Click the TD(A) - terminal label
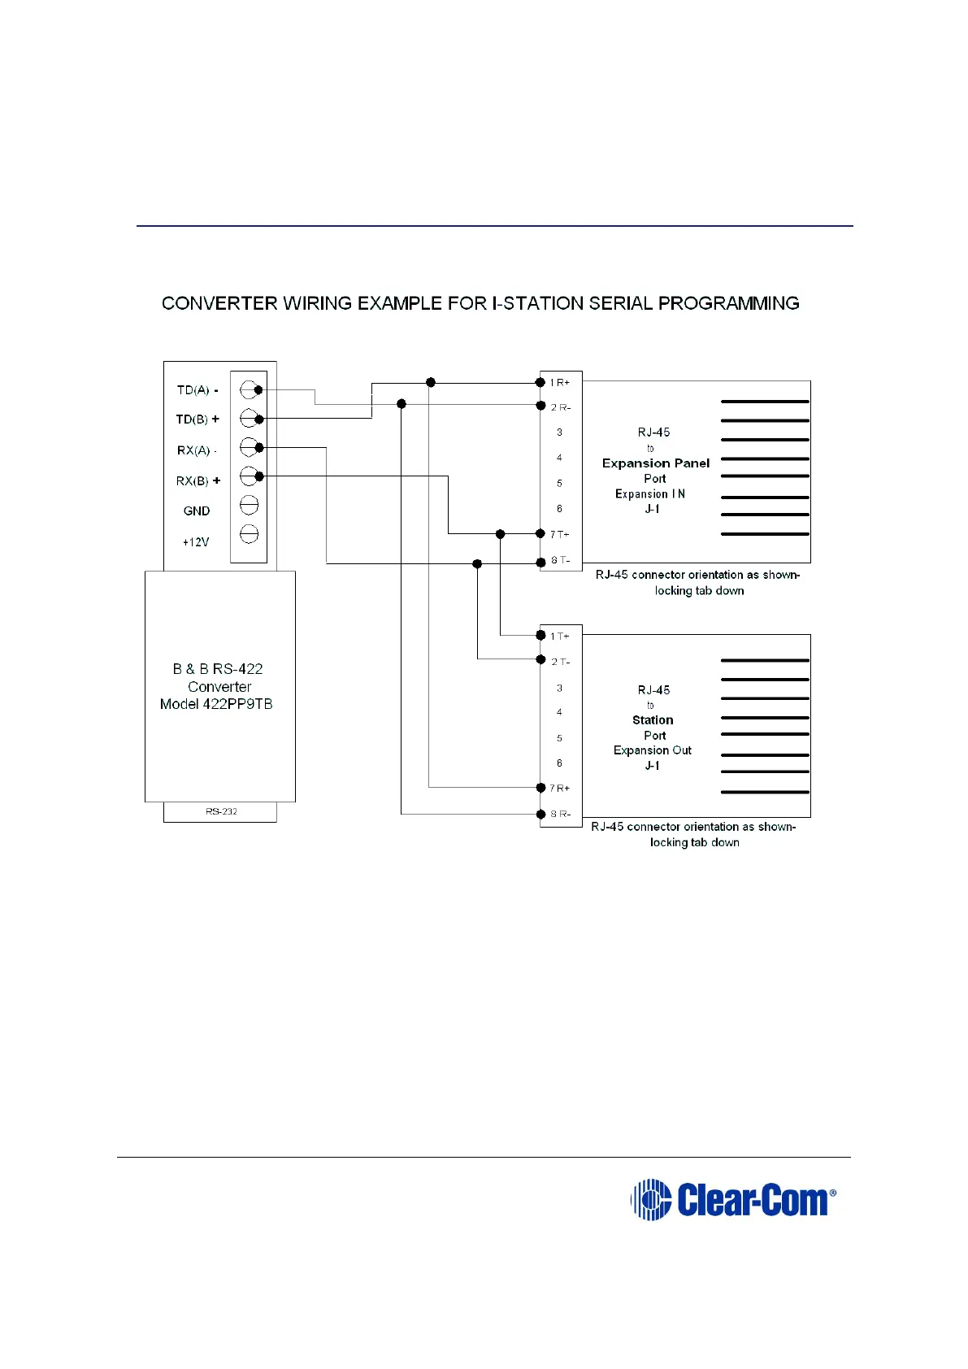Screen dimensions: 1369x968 198,390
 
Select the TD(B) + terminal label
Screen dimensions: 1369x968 198,419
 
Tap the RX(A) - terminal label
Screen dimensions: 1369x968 197,450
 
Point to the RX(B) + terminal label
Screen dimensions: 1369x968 198,481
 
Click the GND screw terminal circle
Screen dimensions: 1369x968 250,506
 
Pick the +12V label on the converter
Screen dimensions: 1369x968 195,542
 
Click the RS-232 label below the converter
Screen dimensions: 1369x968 221,811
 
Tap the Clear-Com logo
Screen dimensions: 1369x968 733,1200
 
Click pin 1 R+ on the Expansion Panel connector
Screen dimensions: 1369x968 559,383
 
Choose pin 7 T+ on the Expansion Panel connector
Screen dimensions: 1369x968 559,534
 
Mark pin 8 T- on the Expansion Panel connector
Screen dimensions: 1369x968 560,560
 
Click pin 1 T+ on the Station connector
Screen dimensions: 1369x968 559,637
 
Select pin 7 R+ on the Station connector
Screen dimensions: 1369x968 559,789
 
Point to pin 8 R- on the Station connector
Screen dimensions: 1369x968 560,814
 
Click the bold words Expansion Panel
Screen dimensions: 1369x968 655,463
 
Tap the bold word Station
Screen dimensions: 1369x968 653,720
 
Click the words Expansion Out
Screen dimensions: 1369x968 652,750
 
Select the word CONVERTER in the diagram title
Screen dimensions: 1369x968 219,303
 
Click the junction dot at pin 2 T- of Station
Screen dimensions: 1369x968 541,659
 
